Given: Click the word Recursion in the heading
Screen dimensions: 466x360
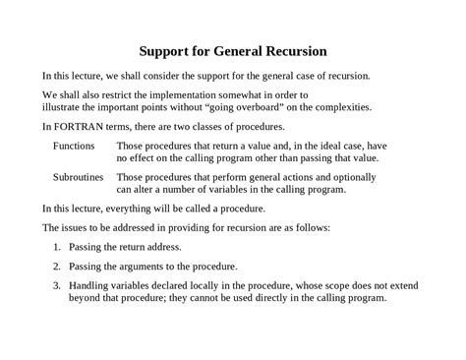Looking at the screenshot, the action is click(x=292, y=49).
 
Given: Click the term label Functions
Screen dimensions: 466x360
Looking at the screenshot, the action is click(x=74, y=145).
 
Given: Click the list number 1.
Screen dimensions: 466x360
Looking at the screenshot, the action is click(x=56, y=247).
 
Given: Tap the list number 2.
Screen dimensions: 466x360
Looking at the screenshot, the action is click(x=56, y=267).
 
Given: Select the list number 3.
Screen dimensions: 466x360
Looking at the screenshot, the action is click(x=56, y=286).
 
